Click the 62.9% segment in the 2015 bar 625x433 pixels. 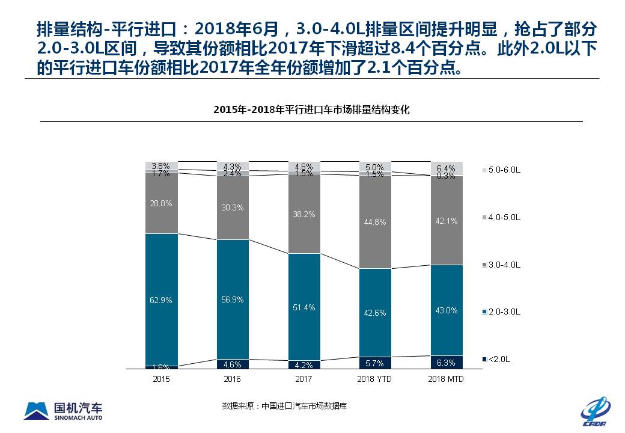[x=162, y=299]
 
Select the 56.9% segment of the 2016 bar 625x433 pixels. [x=233, y=299]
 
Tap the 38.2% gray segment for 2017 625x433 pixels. [x=303, y=213]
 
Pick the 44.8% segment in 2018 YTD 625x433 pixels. [x=375, y=222]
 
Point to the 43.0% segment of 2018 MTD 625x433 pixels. [x=447, y=310]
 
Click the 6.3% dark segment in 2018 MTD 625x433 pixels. [x=447, y=362]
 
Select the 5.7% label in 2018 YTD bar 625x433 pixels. [x=375, y=363]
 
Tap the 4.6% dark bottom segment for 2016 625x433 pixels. [x=233, y=364]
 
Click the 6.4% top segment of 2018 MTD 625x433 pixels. [x=447, y=168]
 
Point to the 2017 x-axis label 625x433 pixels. [x=303, y=379]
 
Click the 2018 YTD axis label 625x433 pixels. [x=375, y=379]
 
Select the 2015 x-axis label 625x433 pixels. [x=162, y=379]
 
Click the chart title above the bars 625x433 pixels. [x=311, y=110]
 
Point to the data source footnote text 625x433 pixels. [x=284, y=406]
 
